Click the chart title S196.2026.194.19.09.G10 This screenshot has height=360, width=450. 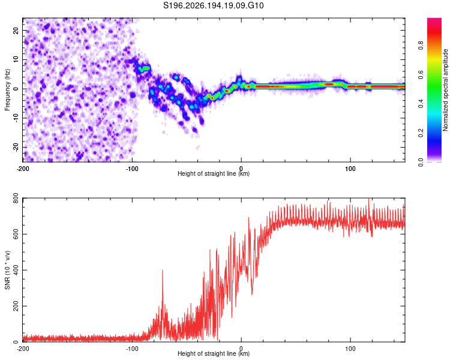pos(213,5)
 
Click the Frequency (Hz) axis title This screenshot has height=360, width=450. pos(7,90)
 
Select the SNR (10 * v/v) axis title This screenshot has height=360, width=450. pos(7,270)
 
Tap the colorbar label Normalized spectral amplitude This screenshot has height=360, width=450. pos(445,90)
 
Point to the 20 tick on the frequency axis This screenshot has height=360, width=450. pos(16,30)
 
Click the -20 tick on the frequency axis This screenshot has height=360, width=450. pos(16,147)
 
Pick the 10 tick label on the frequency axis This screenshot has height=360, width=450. pos(16,59)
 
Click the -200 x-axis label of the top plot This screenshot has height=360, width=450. pos(23,169)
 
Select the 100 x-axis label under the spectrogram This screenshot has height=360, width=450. pos(350,169)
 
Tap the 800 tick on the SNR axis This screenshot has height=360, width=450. pos(16,199)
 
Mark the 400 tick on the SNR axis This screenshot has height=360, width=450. pos(16,270)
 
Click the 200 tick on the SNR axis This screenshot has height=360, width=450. pos(16,306)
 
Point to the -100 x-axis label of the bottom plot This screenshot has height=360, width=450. pos(132,349)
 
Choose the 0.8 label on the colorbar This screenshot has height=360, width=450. pos(421,46)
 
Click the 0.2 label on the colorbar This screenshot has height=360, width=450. pos(421,133)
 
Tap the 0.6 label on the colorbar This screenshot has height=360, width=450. pos(421,74)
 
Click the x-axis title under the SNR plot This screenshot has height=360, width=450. pos(214,353)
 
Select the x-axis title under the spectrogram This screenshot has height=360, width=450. pos(214,173)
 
